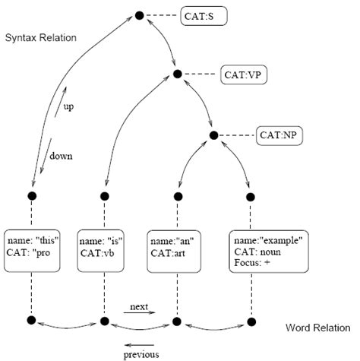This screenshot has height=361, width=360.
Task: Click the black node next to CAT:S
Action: point(139,14)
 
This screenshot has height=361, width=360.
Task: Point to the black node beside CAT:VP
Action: point(178,74)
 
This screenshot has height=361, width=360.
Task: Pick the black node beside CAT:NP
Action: point(213,136)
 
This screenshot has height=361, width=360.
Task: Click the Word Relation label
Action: point(317,328)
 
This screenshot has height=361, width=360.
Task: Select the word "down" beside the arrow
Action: point(61,156)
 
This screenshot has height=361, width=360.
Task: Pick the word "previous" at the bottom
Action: point(141,353)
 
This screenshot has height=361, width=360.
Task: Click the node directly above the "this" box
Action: point(33,197)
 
